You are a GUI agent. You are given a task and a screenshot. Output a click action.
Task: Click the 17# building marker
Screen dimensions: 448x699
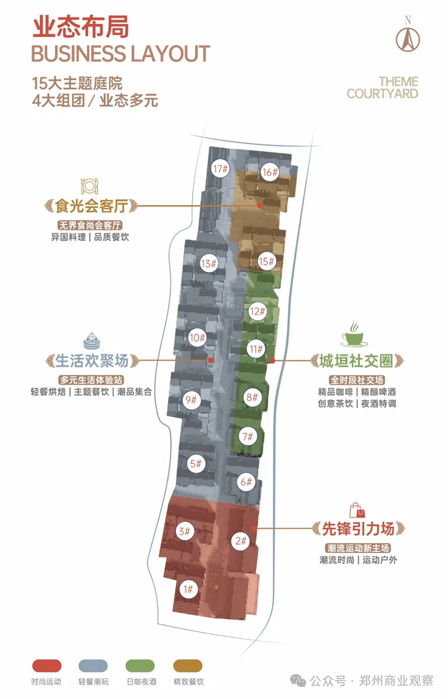tap(220, 169)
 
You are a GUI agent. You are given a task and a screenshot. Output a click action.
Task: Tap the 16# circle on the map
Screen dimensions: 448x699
tap(270, 172)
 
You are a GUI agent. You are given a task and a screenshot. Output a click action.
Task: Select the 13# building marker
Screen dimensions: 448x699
tap(208, 263)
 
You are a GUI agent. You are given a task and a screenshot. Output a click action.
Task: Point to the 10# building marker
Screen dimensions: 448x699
tap(197, 338)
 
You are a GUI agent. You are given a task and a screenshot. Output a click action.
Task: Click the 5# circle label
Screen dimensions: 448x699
tap(196, 464)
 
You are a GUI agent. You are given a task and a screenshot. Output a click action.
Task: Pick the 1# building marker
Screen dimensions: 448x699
tap(188, 589)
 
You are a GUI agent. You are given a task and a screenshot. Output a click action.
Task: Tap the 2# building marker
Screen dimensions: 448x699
tap(240, 541)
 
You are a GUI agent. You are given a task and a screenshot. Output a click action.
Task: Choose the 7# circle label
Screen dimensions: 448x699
tap(248, 436)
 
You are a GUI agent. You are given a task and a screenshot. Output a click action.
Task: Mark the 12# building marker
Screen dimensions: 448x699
tap(257, 311)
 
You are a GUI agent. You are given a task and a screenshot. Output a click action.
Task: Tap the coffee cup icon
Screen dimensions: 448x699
tap(354, 333)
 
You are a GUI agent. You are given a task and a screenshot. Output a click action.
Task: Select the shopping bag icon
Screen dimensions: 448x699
tap(357, 510)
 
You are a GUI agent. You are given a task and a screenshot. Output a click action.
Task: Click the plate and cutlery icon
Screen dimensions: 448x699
tap(90, 186)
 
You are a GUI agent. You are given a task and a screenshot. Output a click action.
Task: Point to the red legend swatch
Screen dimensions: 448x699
tap(47, 665)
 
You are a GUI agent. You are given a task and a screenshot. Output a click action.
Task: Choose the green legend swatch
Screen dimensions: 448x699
tap(141, 665)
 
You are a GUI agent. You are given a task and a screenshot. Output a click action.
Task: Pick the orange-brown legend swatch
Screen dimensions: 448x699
tap(188, 665)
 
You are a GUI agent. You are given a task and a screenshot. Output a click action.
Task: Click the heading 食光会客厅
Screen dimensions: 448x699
tap(92, 206)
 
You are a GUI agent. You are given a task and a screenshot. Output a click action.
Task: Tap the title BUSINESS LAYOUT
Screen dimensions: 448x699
tap(120, 54)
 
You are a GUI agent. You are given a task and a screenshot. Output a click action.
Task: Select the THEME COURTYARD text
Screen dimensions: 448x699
tap(383, 88)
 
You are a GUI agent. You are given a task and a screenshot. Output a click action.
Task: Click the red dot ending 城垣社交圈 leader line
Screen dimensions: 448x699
tap(272, 361)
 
